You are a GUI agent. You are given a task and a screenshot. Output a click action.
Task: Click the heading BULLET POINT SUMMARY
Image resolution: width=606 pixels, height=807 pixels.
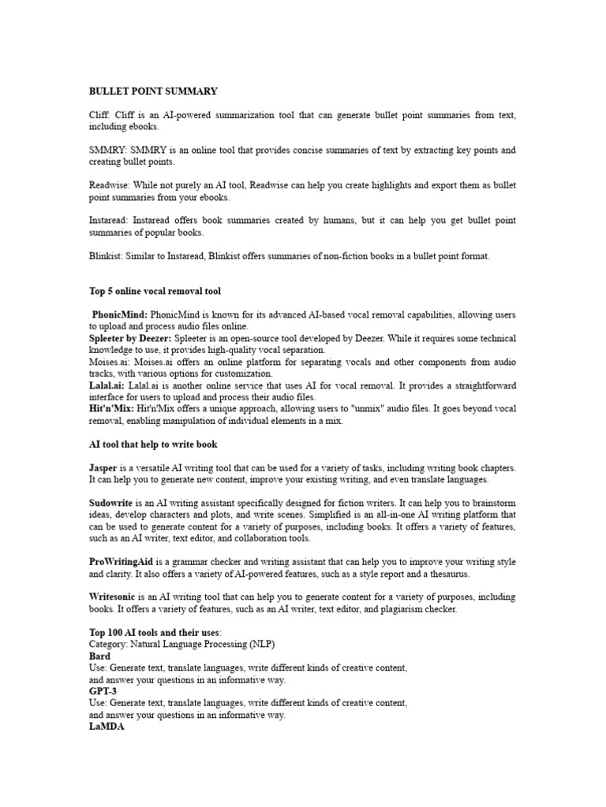tap(153, 91)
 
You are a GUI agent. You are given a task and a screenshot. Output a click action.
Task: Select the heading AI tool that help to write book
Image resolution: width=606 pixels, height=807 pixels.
tap(152, 444)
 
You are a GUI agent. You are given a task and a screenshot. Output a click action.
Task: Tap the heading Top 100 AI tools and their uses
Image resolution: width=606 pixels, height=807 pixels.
tap(155, 633)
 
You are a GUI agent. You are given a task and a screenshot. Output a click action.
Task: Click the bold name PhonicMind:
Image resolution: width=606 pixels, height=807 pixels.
tap(120, 314)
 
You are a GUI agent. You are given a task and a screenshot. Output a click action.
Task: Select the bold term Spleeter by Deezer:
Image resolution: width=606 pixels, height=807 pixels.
tap(131, 338)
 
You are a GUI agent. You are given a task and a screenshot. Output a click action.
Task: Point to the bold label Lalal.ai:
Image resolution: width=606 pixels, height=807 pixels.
tap(106, 385)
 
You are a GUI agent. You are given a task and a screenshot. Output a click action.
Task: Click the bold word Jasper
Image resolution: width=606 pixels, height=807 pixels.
tap(103, 468)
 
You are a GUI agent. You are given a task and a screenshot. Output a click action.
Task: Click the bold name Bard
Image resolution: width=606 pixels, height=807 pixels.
tap(99, 656)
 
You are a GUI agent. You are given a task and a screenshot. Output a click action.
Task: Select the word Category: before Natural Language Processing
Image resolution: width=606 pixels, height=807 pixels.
tap(110, 645)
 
